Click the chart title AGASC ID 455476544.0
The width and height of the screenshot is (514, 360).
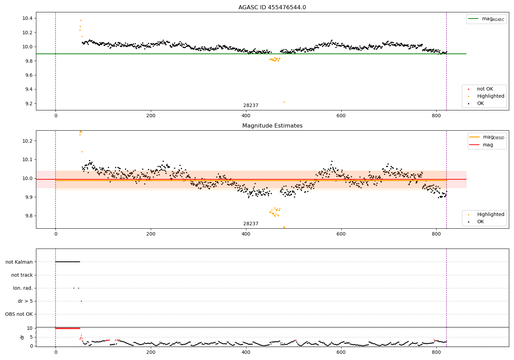[x=272, y=7]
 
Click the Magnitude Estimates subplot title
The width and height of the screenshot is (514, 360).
[x=272, y=125]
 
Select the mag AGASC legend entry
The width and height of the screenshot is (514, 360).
[x=486, y=19]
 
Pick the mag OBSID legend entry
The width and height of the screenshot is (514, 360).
[x=487, y=137]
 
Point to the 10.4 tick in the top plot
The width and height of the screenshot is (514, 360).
[x=27, y=18]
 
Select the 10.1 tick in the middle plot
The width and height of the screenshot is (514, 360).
[x=27, y=159]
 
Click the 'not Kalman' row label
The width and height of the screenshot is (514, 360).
[x=19, y=262]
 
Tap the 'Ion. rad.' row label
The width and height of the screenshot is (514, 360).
[x=23, y=288]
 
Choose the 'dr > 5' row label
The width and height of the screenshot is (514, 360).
[x=25, y=301]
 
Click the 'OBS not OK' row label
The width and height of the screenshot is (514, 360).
[x=19, y=314]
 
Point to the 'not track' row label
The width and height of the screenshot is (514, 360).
[x=22, y=275]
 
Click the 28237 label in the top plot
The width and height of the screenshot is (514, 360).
[x=251, y=105]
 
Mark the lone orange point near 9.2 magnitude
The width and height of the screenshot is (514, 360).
[x=284, y=102]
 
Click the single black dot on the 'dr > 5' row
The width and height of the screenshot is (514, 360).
[x=82, y=301]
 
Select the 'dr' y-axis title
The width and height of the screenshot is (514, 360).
[x=22, y=337]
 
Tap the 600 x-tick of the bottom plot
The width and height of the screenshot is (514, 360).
[x=341, y=352]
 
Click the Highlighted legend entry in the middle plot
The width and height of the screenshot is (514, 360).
[x=486, y=214]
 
